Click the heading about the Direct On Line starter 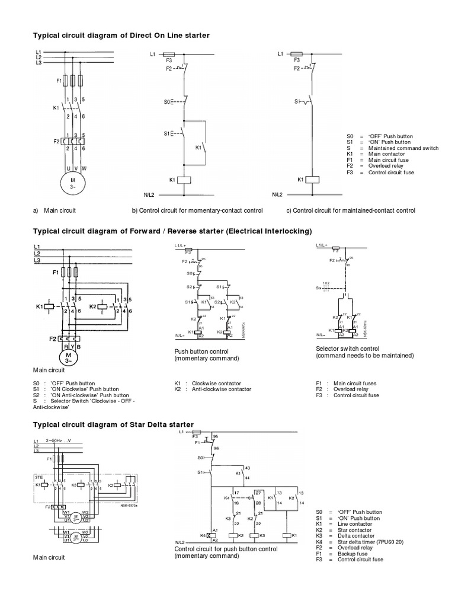coord(121,36)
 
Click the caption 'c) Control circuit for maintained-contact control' coord(351,210)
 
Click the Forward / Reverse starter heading coord(171,231)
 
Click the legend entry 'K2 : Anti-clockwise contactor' coord(213,389)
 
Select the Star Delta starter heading coord(113,424)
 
